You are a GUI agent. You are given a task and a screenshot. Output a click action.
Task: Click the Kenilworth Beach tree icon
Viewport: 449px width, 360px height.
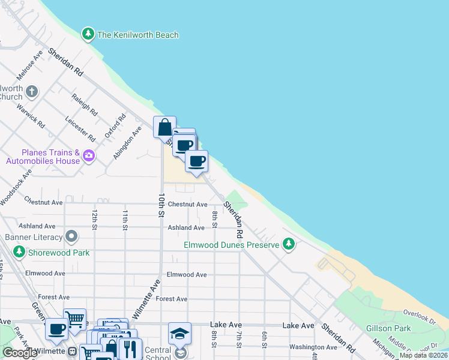click(89, 34)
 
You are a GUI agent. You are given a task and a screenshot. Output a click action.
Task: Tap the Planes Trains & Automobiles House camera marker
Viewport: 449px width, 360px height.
click(89, 156)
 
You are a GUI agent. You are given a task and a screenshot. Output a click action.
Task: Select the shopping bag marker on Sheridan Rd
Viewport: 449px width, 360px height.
click(164, 127)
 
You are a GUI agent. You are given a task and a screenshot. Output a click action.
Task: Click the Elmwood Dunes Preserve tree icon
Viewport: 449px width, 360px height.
click(289, 244)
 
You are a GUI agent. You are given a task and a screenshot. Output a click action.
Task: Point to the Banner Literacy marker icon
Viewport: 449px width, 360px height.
click(72, 236)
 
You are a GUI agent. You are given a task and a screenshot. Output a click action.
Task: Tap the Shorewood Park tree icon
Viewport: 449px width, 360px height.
click(20, 252)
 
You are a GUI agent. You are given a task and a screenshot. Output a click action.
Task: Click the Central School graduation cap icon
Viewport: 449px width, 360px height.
click(179, 334)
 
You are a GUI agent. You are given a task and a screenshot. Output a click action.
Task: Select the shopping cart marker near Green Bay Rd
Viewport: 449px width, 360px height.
click(74, 320)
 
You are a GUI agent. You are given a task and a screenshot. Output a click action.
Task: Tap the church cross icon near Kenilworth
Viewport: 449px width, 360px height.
click(32, 92)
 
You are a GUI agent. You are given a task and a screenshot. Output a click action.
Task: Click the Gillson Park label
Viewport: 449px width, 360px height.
click(388, 328)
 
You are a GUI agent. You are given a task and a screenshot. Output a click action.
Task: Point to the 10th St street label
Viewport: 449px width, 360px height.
click(161, 205)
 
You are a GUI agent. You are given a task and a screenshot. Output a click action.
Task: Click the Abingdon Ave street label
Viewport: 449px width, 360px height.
click(127, 143)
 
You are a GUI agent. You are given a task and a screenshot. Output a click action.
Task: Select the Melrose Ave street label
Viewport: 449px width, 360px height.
click(30, 65)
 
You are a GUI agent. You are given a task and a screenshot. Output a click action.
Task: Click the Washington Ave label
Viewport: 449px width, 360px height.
click(313, 347)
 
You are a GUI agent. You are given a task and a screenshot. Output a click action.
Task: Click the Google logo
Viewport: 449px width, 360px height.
click(20, 353)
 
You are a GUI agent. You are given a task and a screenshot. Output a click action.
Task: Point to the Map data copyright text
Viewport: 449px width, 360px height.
click(423, 355)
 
